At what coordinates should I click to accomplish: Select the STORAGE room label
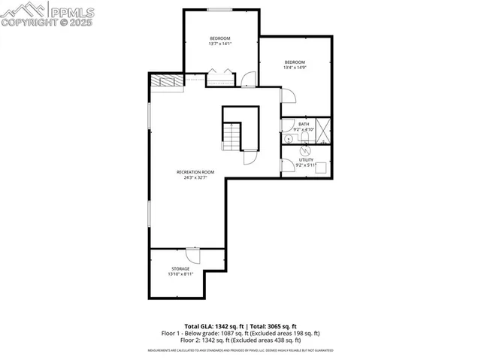coord(180,268)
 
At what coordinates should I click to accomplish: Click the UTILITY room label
coord(305,160)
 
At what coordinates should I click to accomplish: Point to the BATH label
coord(304,124)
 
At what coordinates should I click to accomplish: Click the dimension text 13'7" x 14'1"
coord(219,44)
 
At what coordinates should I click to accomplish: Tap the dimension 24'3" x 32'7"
coord(191,178)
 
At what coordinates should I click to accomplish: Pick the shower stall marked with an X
coord(323,131)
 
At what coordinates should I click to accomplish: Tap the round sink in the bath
coord(289,139)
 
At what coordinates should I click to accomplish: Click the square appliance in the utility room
coord(321,168)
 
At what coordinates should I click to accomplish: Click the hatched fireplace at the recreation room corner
coord(166,82)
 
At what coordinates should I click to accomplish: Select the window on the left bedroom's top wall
coord(219,10)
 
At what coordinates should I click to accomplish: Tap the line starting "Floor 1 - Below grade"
coord(240,333)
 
